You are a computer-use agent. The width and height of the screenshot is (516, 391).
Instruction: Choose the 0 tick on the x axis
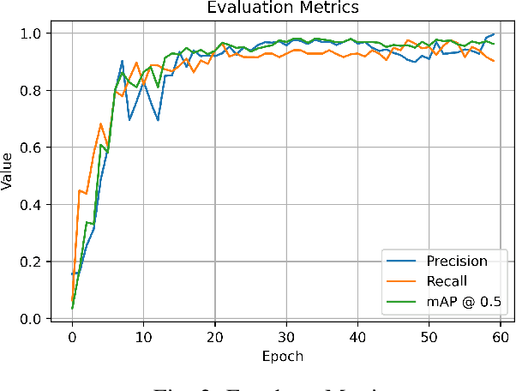[x=72, y=337]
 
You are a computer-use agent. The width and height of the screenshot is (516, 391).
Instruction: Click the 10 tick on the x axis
[x=143, y=337]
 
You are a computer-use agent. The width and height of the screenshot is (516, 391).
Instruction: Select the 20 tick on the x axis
[x=214, y=337]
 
